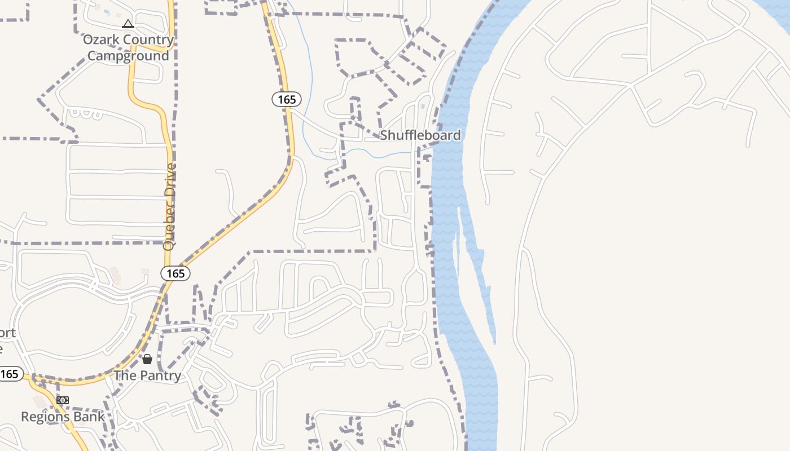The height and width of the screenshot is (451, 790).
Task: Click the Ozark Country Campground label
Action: point(129,47)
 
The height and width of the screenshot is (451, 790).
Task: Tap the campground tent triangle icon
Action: point(128,24)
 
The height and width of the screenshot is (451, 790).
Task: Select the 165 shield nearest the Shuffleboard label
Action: point(287,99)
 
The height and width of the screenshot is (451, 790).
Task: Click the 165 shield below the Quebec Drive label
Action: point(175,273)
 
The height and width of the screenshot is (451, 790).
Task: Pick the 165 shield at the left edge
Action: point(10,374)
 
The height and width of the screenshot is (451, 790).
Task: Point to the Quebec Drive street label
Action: point(169,207)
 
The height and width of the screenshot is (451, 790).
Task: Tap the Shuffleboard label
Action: point(420,135)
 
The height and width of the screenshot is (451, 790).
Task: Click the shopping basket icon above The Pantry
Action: point(147,359)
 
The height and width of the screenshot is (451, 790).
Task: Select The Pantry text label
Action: point(147,375)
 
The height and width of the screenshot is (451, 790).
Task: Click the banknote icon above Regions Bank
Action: point(63,400)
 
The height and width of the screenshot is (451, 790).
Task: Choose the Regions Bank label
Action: point(63,417)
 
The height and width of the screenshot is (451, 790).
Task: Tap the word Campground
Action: point(129,56)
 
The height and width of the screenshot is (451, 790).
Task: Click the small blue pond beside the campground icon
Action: point(106,11)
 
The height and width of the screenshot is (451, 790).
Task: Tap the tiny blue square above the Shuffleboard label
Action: point(423,106)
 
